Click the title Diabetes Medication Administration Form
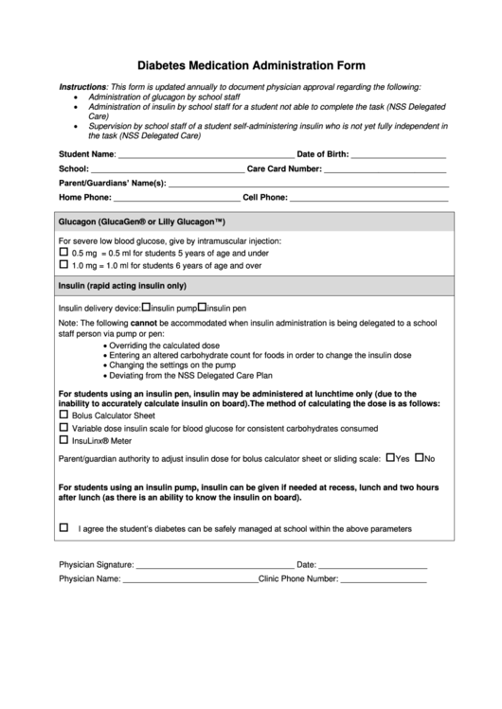point(251,66)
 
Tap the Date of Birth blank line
point(398,154)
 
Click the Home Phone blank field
point(176,198)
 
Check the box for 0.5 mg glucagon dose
point(64,253)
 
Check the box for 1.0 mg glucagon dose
point(64,266)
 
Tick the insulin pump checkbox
point(146,307)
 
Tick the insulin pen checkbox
point(202,307)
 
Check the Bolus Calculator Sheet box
point(64,415)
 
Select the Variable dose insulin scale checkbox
point(64,427)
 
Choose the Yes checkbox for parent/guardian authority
point(390,457)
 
